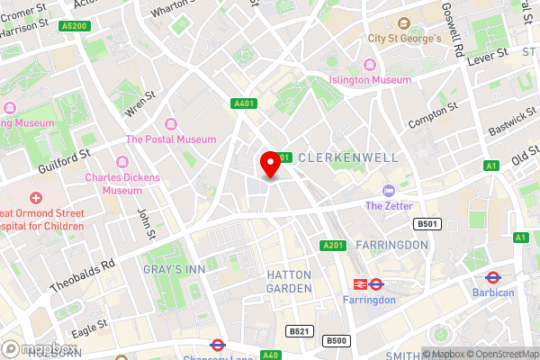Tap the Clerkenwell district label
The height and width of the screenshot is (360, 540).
tap(347, 157)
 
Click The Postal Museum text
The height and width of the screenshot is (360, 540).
tap(171, 139)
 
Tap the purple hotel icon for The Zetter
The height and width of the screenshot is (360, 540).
tap(388, 191)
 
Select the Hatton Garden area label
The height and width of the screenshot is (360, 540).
tap(289, 281)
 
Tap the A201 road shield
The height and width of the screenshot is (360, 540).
tap(333, 245)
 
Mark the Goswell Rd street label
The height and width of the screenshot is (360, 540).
tap(451, 44)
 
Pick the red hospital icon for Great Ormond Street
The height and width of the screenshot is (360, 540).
tap(35, 197)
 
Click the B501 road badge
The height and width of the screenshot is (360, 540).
tap(426, 223)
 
